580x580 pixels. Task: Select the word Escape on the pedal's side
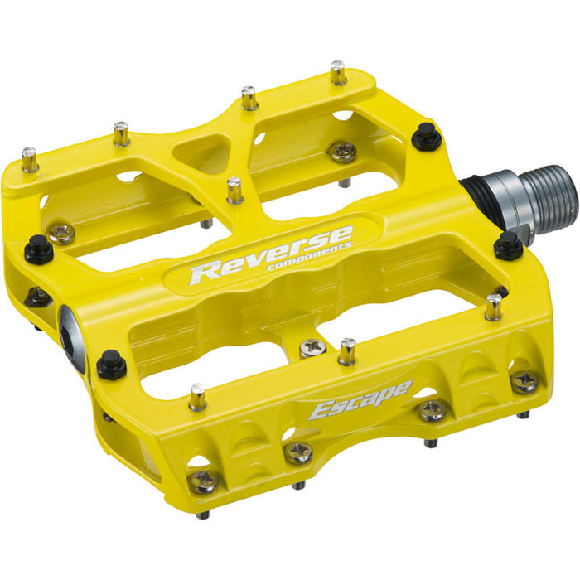360,399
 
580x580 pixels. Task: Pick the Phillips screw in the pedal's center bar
311,349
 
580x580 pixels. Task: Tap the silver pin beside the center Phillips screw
347,350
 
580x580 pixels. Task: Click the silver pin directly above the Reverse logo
234,189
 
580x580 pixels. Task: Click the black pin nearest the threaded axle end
507,245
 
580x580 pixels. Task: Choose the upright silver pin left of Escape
198,397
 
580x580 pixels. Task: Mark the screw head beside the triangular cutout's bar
341,151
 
